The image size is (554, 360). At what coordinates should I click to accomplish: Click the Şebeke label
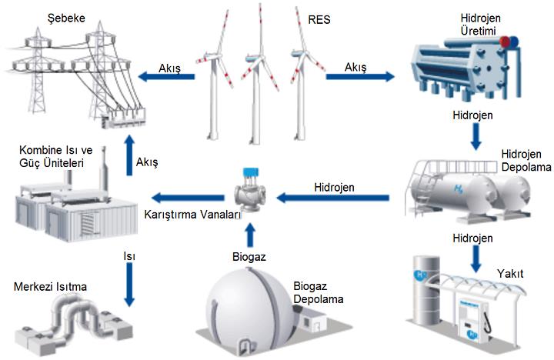point(65,18)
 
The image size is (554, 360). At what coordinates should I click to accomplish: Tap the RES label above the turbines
point(317,18)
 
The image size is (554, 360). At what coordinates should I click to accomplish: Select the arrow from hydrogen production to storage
point(475,135)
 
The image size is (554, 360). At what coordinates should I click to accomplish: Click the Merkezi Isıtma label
point(50,287)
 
